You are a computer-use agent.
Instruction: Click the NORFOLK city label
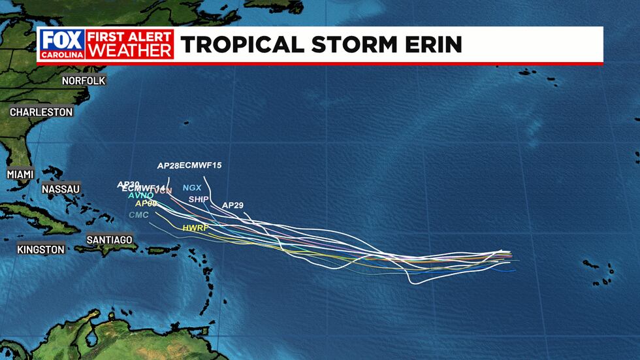pos(83,80)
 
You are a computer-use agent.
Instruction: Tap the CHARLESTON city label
pos(41,112)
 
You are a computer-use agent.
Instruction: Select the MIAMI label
pos(20,174)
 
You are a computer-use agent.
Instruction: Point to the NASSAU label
pos(60,189)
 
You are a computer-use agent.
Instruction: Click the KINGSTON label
pos(41,249)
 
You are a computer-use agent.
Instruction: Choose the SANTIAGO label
pos(109,240)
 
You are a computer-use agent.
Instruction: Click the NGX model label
pos(191,188)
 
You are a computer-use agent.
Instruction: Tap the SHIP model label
pos(198,199)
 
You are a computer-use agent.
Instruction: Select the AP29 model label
pos(232,205)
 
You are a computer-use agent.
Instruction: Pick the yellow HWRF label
pos(195,228)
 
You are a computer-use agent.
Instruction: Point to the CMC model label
pos(138,214)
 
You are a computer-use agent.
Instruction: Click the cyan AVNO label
pos(141,195)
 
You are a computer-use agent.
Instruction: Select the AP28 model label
pos(168,165)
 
